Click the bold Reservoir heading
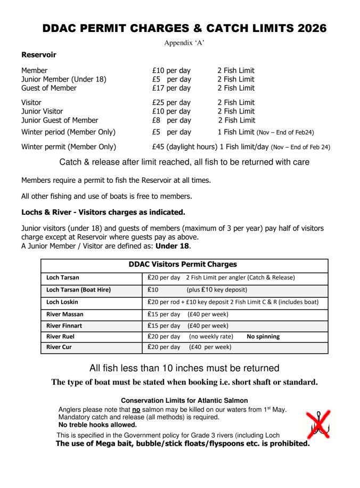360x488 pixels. pos(39,54)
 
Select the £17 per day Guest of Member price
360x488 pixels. pos(171,88)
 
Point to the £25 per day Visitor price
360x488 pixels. pos(171,102)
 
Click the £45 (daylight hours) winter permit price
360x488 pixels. pos(184,147)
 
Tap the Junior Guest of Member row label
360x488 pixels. pos(60,120)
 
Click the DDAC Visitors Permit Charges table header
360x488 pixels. pos(183,264)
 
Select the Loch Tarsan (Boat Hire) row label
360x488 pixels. pos(78,290)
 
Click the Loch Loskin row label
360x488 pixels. pos(62,302)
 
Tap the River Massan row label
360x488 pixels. pos(65,314)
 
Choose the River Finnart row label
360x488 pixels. pos(64,325)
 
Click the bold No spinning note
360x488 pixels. pos(263,336)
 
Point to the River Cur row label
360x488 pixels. pos(59,347)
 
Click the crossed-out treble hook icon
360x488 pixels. pos(318,424)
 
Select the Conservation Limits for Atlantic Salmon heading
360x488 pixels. pos(184,400)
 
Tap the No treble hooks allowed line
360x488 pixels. pos(97,425)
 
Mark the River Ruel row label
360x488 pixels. pos(61,336)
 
